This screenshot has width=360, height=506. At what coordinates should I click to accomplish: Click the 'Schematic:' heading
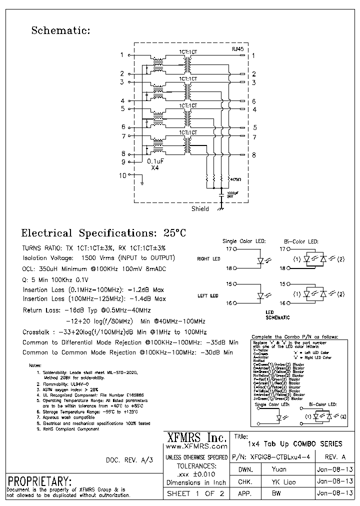tap(60, 30)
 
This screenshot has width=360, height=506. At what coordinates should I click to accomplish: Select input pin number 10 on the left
tap(123, 175)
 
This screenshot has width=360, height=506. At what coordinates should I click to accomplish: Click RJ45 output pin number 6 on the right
tap(253, 101)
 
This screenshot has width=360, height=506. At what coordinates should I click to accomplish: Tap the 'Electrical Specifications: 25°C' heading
tap(103, 233)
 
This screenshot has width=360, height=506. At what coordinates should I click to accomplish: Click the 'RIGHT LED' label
tap(208, 259)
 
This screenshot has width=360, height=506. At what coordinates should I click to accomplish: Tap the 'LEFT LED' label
tap(208, 296)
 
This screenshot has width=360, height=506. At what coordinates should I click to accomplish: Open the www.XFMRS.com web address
tap(195, 445)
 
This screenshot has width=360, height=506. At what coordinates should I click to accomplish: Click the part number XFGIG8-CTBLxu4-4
tap(276, 457)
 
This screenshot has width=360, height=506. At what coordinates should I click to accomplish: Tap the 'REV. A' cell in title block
tap(334, 457)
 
